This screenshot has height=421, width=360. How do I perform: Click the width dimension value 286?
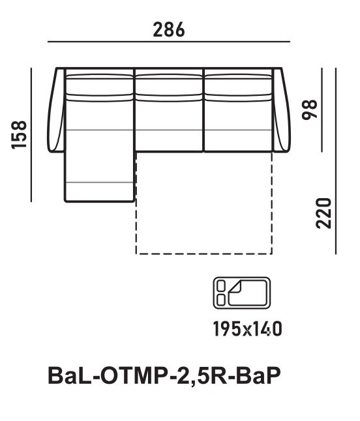pos(169,29)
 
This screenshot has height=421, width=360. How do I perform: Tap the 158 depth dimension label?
pos(19,135)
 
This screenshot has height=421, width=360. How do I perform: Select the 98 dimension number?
pos(310,109)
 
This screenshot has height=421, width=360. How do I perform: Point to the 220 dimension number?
pos(323,214)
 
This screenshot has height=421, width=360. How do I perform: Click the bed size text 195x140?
pos(247,329)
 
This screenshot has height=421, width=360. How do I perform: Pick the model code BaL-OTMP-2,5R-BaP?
pos(164,377)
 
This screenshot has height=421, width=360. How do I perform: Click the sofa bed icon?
pos(242,293)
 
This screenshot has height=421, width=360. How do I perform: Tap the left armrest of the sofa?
pos(56,110)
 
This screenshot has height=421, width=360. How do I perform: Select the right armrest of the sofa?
pos(281,110)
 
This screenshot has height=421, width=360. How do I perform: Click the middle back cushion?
pos(169,87)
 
